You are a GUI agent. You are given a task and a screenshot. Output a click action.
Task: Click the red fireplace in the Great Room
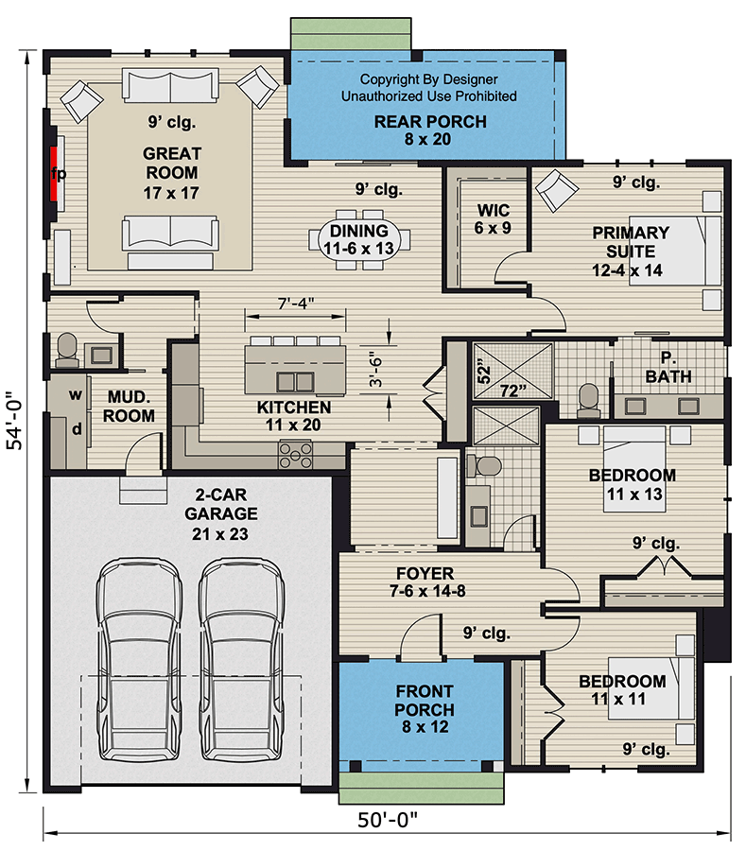coord(57,178)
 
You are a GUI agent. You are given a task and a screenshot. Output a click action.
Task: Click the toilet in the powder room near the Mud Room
coord(67,349)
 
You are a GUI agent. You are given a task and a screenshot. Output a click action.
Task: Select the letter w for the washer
coord(76,394)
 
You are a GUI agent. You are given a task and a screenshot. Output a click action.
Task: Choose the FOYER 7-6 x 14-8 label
coord(425,582)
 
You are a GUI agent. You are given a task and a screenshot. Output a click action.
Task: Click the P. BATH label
coord(668,367)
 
